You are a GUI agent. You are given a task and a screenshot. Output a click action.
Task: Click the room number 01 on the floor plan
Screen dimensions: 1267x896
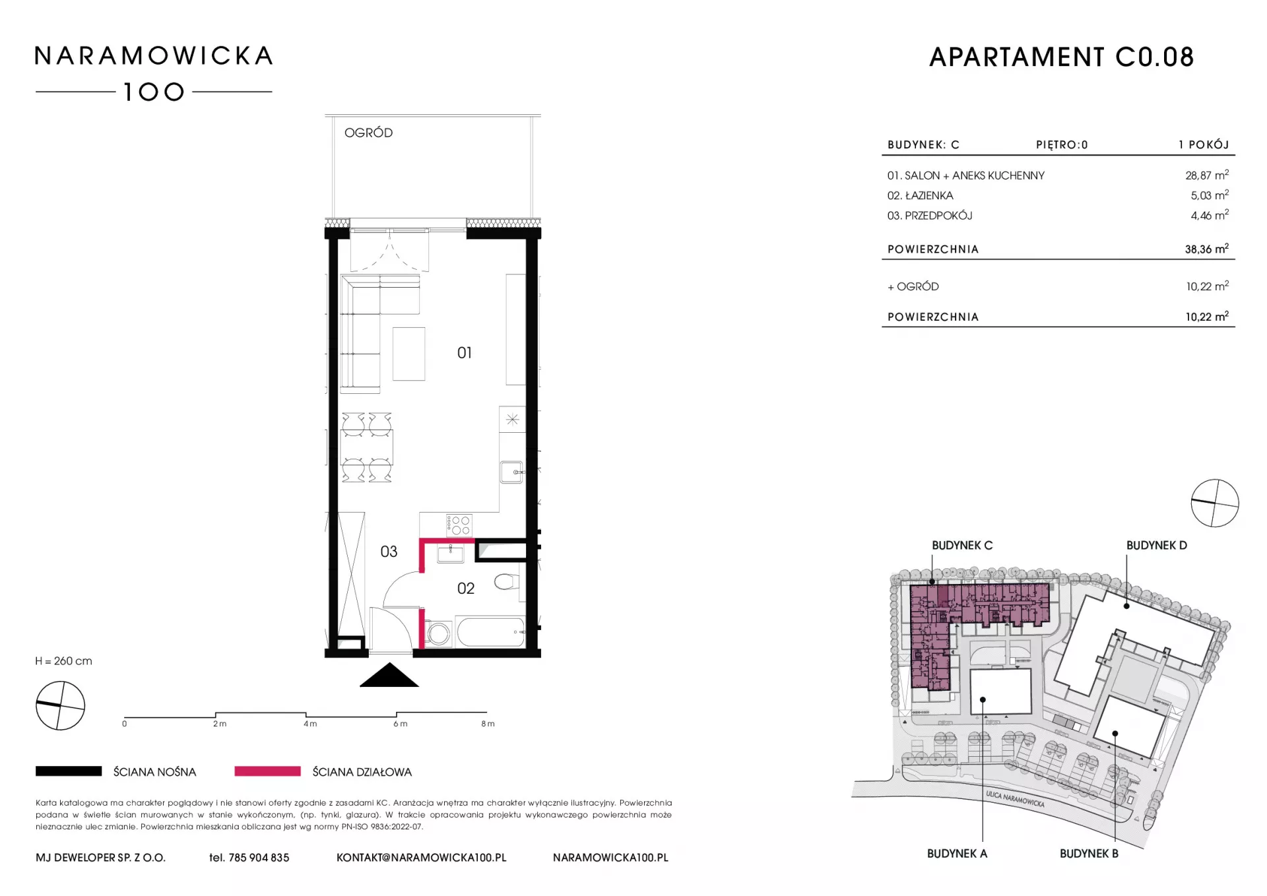pyautogui.click(x=465, y=353)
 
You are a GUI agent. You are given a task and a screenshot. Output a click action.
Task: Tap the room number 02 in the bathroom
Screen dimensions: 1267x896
pyautogui.click(x=466, y=589)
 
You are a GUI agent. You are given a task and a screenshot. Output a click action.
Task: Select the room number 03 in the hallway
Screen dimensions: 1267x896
pyautogui.click(x=389, y=552)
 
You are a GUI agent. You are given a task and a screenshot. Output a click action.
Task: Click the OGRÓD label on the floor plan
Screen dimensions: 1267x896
pyautogui.click(x=368, y=133)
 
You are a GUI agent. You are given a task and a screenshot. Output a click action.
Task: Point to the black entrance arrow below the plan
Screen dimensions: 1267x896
pyautogui.click(x=389, y=675)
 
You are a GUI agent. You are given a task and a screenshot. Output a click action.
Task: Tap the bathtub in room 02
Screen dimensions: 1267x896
pyautogui.click(x=491, y=632)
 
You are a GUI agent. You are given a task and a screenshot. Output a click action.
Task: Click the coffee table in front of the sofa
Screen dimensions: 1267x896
pyautogui.click(x=409, y=354)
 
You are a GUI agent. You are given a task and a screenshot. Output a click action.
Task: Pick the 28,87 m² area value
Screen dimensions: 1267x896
pyautogui.click(x=1207, y=176)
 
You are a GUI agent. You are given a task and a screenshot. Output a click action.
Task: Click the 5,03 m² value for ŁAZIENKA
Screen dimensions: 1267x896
pyautogui.click(x=1210, y=195)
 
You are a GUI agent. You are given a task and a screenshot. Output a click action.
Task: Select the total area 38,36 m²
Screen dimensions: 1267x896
pyautogui.click(x=1207, y=249)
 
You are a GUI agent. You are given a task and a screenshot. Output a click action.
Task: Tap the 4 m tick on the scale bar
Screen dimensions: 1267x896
pyautogui.click(x=306, y=715)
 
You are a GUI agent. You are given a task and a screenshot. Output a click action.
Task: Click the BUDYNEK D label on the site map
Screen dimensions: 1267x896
pyautogui.click(x=1156, y=546)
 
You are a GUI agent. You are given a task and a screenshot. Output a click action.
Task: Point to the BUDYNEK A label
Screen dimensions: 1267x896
pyautogui.click(x=957, y=854)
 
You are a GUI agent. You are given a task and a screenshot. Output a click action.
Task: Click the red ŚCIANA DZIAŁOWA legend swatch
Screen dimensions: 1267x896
pyautogui.click(x=267, y=771)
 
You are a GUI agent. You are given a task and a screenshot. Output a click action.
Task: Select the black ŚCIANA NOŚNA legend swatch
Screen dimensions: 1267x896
pyautogui.click(x=69, y=771)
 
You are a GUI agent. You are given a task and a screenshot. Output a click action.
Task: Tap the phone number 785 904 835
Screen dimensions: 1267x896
pyautogui.click(x=259, y=858)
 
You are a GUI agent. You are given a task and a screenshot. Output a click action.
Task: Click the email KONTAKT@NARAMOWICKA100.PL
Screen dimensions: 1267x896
pyautogui.click(x=422, y=858)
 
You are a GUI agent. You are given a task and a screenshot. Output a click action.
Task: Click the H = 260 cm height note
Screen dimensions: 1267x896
pyautogui.click(x=64, y=661)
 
